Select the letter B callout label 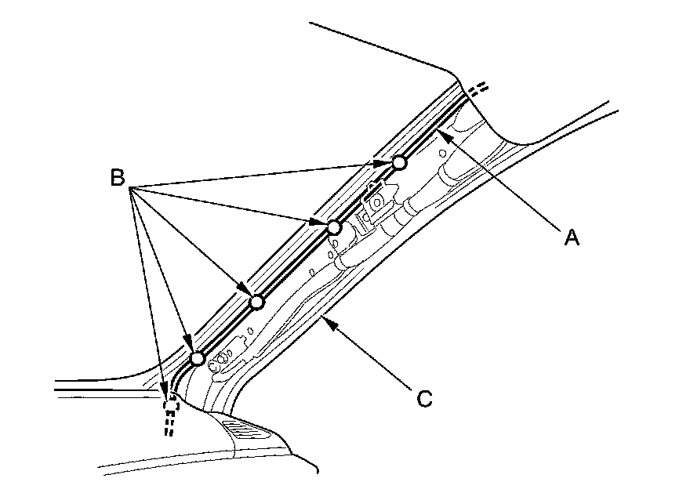click(x=118, y=179)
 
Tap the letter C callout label click(x=423, y=399)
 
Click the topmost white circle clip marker click(x=399, y=162)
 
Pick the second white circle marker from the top click(x=334, y=228)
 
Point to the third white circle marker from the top click(x=256, y=303)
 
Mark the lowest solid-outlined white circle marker click(x=198, y=358)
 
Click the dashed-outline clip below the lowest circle click(x=170, y=404)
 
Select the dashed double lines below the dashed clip click(x=167, y=425)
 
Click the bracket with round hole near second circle click(x=376, y=201)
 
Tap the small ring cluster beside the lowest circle click(x=221, y=358)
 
